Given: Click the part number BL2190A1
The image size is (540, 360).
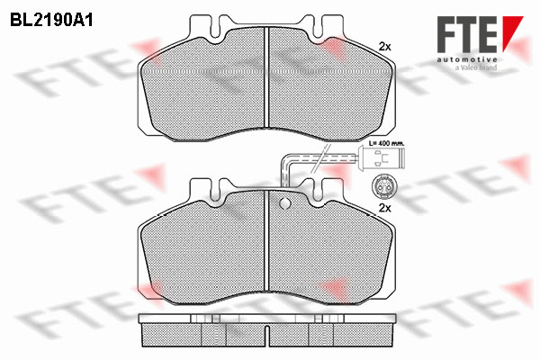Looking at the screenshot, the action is pyautogui.click(x=51, y=21).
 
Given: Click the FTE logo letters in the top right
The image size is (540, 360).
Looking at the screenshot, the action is pyautogui.click(x=467, y=34).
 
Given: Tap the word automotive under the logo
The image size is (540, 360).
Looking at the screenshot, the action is pyautogui.click(x=467, y=59).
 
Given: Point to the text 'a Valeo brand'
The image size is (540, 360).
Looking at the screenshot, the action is pyautogui.click(x=476, y=67).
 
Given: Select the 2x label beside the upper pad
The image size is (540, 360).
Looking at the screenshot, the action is pyautogui.click(x=384, y=47).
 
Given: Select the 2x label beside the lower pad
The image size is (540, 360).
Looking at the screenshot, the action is pyautogui.click(x=384, y=208).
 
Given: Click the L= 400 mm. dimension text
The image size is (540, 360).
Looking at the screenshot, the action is pyautogui.click(x=387, y=142).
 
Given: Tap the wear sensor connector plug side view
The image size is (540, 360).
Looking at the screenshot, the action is pyautogui.click(x=382, y=157).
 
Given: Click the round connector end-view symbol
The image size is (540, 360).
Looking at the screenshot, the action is pyautogui.click(x=382, y=186).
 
